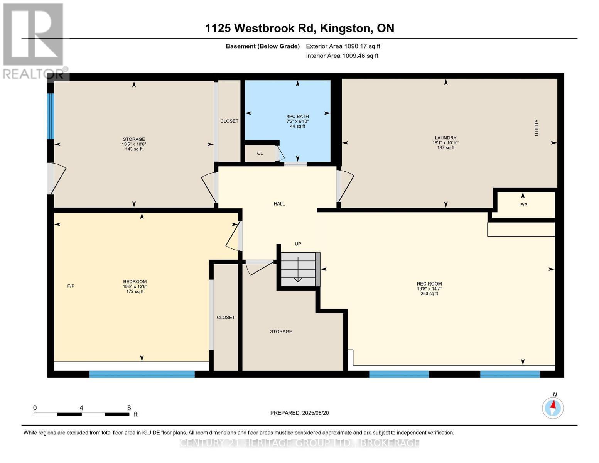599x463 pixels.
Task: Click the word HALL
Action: coord(279,204)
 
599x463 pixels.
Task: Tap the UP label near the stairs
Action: coord(298,244)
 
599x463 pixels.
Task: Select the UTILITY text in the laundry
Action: coord(536,128)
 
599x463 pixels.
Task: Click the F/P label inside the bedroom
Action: coord(71,286)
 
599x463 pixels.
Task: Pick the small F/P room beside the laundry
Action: coord(523,205)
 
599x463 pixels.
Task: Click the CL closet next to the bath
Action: coord(260,153)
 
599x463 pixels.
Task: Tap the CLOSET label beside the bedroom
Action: coord(226,317)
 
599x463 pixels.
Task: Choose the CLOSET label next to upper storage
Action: coord(229,121)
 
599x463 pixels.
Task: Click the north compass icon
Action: coord(553,407)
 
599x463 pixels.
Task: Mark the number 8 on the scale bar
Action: coord(129,407)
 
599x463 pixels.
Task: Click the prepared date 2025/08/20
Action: coord(299,413)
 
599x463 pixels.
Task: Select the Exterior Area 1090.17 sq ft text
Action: coord(343,46)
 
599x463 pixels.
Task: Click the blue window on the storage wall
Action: coord(51,116)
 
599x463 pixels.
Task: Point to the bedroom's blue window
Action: coord(142,373)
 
